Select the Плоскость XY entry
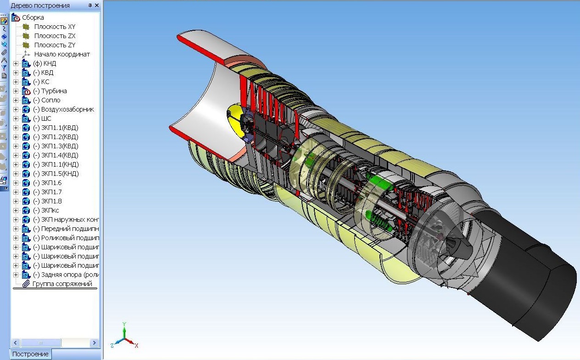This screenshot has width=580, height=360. point(55,27)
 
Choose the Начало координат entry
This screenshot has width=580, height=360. point(62,54)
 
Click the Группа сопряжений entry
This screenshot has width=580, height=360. point(62,284)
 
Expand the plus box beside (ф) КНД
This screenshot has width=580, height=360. point(16,63)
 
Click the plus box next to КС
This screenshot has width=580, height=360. point(16,82)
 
